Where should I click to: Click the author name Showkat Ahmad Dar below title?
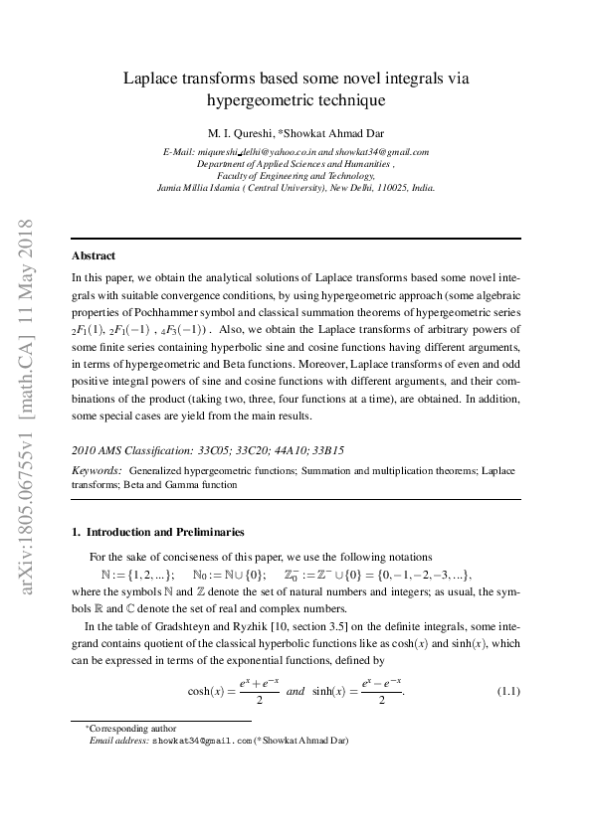pyautogui.click(x=338, y=134)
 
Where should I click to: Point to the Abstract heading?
pyautogui.click(x=94, y=255)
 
